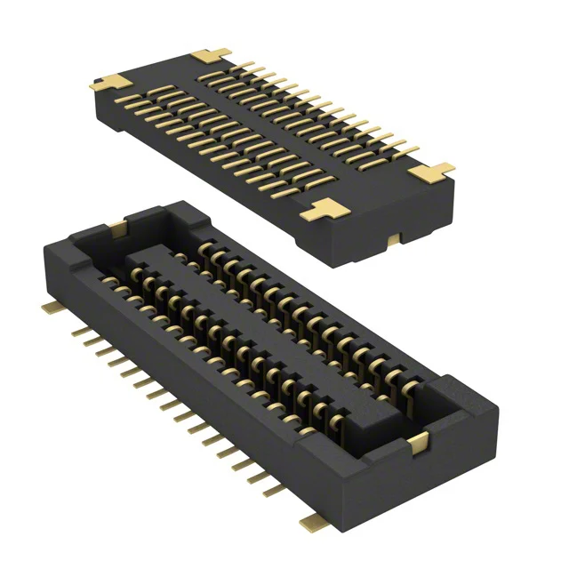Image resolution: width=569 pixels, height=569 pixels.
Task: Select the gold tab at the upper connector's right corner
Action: pos(435,170)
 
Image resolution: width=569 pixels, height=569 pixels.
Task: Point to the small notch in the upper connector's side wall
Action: pos(392,238)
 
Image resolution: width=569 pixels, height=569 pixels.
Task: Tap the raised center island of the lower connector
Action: pos(267,329)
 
